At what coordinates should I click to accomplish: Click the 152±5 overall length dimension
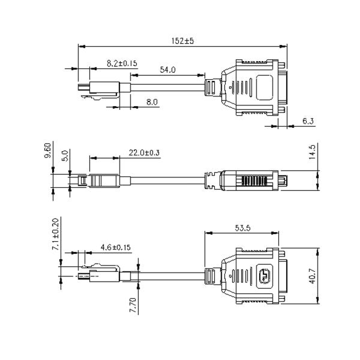[182, 41]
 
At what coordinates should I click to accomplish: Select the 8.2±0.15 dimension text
[122, 63]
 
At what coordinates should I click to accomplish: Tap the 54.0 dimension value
[167, 70]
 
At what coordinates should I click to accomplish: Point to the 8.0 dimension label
[152, 102]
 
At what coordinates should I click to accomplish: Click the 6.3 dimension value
[308, 121]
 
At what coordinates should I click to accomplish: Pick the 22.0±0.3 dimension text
[144, 152]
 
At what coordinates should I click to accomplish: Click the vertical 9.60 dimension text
[47, 151]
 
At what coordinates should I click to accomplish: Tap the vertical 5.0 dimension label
[65, 155]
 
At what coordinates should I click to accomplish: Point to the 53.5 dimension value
[242, 228]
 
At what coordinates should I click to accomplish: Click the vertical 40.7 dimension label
[313, 276]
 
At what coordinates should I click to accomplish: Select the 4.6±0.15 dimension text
[115, 247]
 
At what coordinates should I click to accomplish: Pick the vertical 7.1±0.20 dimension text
[56, 234]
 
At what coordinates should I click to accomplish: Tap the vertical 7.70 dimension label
[133, 305]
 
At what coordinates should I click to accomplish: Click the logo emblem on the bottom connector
[265, 276]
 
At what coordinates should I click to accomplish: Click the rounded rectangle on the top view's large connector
[264, 88]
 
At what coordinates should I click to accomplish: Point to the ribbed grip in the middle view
[254, 181]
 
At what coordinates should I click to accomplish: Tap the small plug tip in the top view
[84, 87]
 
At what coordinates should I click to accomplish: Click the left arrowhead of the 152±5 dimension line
[82, 46]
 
